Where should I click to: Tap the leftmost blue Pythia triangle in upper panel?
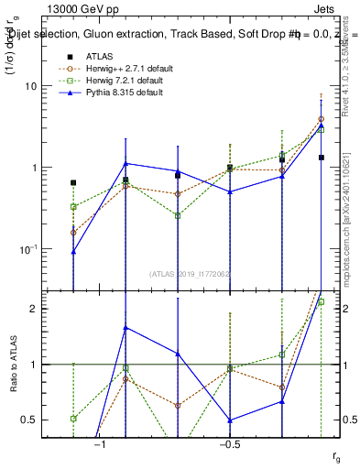click(73, 251)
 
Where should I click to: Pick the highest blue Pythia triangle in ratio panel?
click(125, 327)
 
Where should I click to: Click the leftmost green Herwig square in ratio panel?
click(73, 419)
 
